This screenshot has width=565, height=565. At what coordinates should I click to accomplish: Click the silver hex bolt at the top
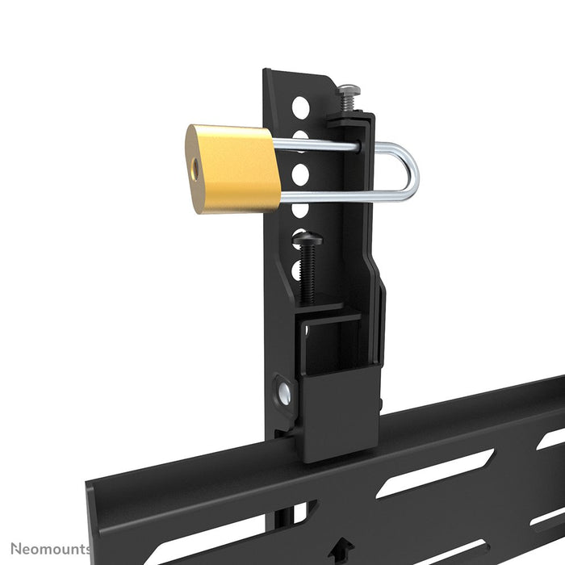click(348, 91)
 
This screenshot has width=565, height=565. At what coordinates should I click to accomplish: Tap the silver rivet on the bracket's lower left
click(286, 394)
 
